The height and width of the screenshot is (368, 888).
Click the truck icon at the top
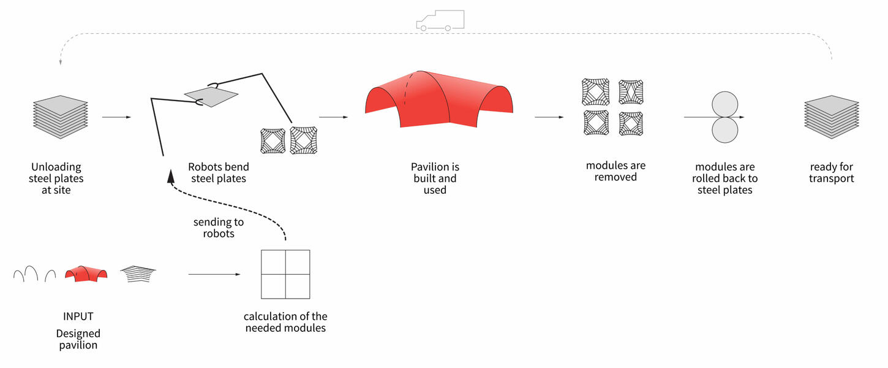(x=440, y=21)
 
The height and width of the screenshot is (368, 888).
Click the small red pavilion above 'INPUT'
(x=86, y=274)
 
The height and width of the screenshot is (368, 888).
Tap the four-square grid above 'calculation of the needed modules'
(x=285, y=274)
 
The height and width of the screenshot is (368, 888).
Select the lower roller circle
(x=724, y=130)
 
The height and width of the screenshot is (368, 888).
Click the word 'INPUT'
(x=78, y=316)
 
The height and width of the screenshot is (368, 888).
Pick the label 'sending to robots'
(x=219, y=228)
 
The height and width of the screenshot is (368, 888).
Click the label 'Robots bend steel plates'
(x=219, y=172)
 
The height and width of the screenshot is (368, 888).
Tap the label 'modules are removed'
(x=615, y=171)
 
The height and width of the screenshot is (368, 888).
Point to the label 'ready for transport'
(x=831, y=172)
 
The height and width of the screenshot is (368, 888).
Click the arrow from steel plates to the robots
(x=116, y=117)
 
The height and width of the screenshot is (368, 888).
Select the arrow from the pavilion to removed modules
(x=549, y=117)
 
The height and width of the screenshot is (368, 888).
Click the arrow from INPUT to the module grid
(x=214, y=274)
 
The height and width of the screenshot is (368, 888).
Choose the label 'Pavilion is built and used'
(x=435, y=178)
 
